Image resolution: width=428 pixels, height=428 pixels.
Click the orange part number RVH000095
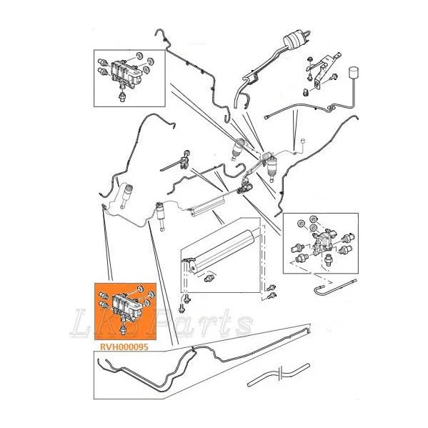click(124, 347)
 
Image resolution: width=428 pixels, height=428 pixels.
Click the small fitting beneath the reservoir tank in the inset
click(208, 279)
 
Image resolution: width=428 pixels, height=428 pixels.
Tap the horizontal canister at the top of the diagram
click(294, 40)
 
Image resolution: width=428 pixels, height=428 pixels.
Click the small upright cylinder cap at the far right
click(353, 72)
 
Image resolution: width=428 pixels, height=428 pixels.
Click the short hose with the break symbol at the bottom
click(279, 374)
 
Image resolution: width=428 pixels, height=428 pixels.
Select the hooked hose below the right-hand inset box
click(334, 287)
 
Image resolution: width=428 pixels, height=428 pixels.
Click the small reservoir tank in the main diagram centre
click(208, 207)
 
